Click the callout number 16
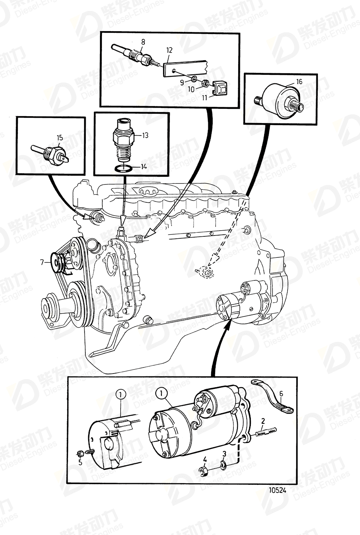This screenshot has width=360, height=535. [x=299, y=82]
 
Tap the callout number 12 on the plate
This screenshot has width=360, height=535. [x=169, y=50]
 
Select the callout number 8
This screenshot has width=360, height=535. [x=143, y=41]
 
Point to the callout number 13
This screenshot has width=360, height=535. [x=144, y=135]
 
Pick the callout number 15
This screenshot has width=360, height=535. [x=60, y=137]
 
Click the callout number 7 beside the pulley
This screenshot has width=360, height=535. [x=42, y=263]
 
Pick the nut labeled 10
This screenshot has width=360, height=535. [x=205, y=84]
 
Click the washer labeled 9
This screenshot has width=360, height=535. [x=194, y=78]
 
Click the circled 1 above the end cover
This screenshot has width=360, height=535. [x=121, y=393]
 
